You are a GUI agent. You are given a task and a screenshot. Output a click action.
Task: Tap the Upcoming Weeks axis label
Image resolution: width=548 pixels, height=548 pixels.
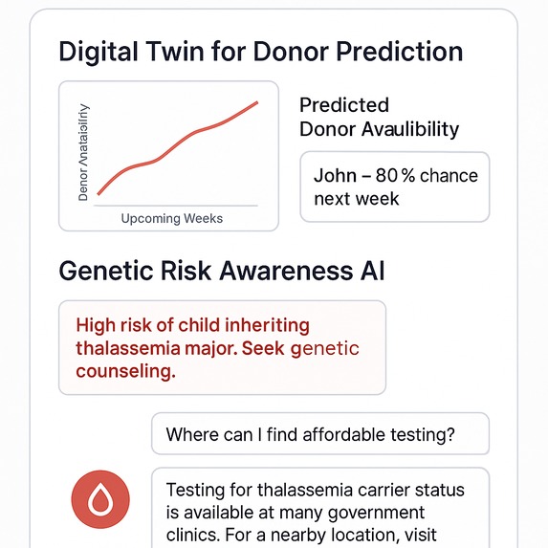pos(172,218)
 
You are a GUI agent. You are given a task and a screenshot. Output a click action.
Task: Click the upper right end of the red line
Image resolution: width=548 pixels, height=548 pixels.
pos(257,101)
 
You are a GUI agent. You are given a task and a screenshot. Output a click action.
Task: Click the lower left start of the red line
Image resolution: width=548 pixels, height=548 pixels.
pos(99,193)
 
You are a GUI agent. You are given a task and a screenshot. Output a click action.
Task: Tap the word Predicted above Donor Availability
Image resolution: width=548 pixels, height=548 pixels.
pos(344,104)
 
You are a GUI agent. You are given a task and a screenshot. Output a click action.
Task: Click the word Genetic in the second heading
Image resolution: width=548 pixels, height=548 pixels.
pos(106,271)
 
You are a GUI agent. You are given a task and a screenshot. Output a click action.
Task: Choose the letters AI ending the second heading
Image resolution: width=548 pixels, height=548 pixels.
pos(369,271)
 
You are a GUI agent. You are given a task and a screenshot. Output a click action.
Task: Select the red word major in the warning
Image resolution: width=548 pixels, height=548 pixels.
pos(202,348)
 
